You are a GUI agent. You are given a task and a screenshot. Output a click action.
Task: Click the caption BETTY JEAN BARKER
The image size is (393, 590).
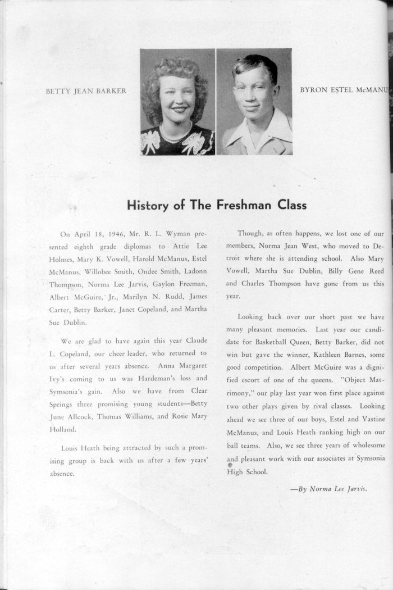click(86, 91)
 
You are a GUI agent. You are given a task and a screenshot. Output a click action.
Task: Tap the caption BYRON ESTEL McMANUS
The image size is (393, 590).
click(344, 90)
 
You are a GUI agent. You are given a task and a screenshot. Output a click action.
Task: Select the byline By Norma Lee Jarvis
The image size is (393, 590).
click(329, 488)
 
